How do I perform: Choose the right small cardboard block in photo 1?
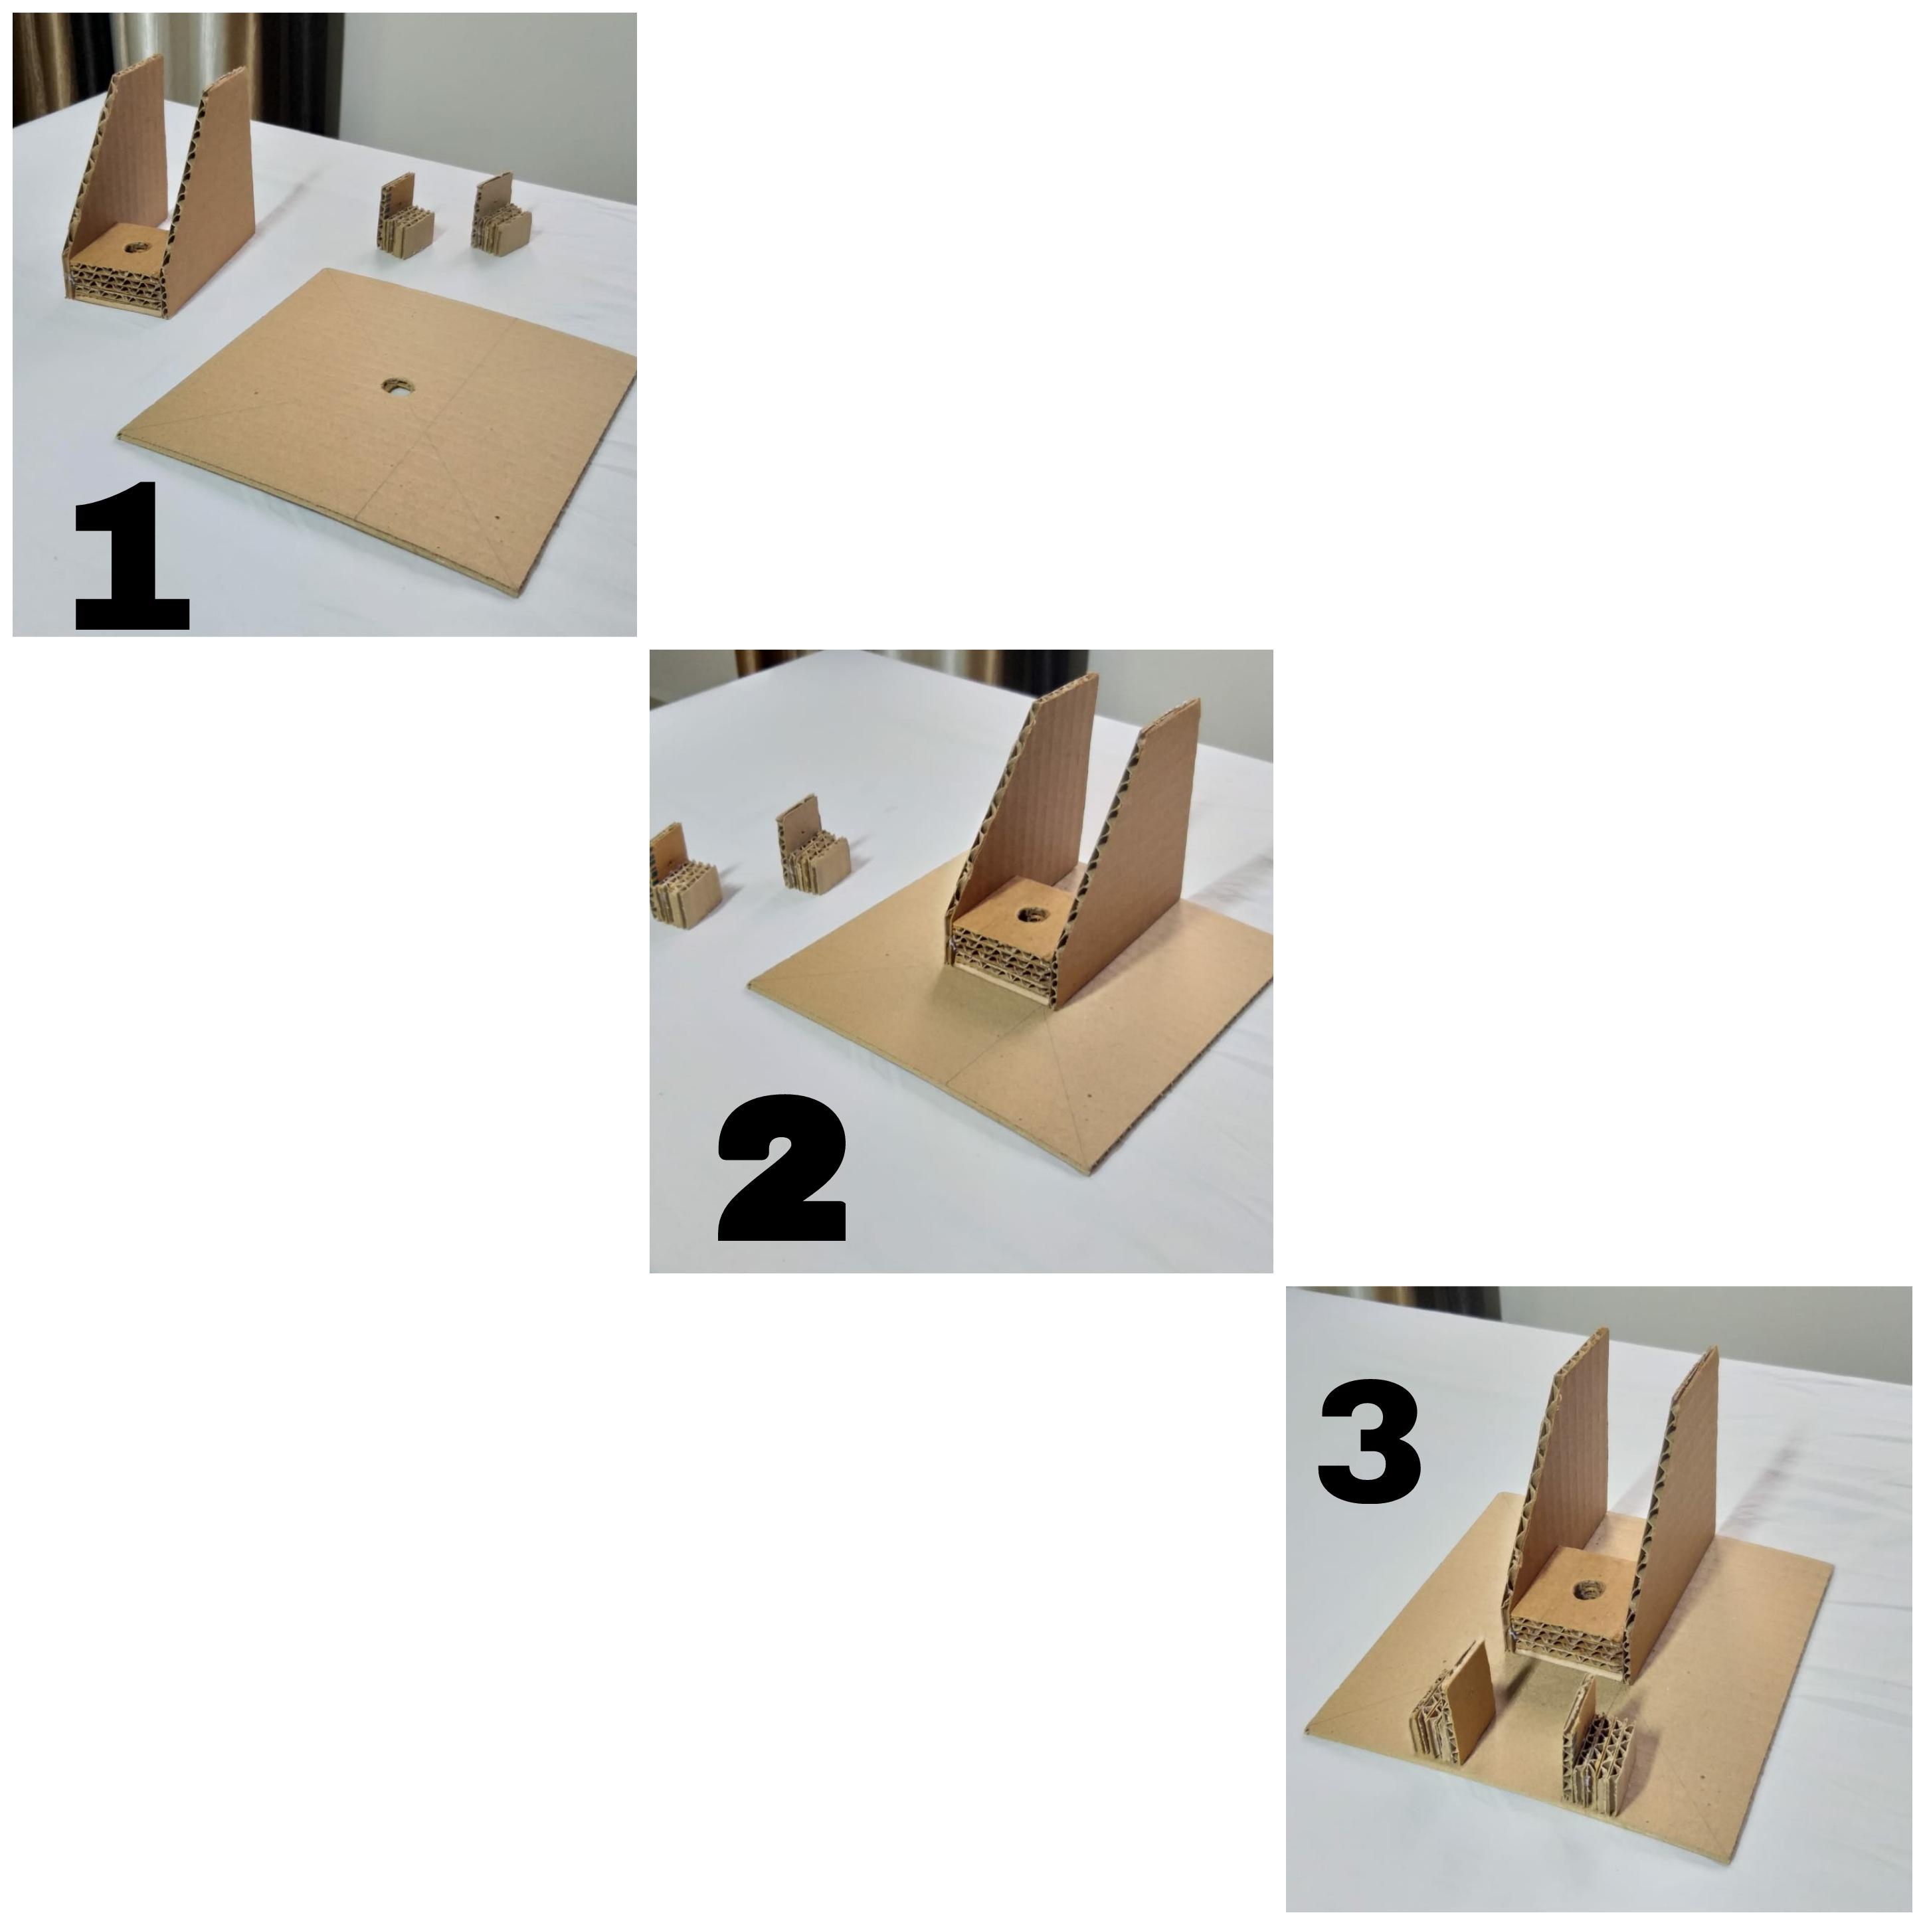501,217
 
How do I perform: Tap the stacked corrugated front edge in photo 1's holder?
118,286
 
